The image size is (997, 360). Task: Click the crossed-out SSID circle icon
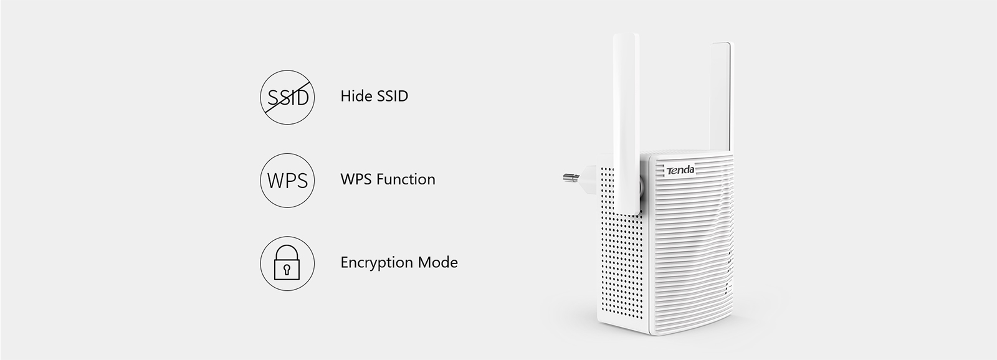(x=287, y=97)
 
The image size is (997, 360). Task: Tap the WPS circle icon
(x=287, y=180)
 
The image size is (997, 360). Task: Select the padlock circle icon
(x=287, y=263)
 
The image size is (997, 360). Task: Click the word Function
(x=406, y=179)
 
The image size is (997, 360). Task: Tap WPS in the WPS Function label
(x=356, y=179)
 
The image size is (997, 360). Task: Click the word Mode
(x=437, y=263)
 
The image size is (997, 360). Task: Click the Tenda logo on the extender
(x=680, y=169)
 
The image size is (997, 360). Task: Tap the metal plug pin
(x=571, y=178)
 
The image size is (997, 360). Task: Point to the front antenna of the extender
(x=627, y=124)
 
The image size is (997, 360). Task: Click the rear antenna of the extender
(x=721, y=97)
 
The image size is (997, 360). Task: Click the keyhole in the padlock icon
(x=287, y=269)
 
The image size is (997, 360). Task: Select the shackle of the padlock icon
(x=287, y=253)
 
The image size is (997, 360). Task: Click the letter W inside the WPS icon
(x=275, y=181)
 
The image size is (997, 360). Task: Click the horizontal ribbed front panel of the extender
(x=692, y=249)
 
